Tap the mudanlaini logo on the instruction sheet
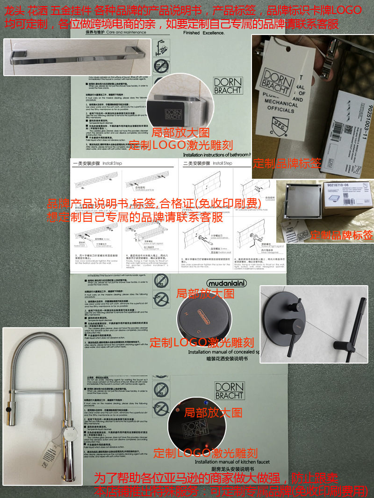click(226, 283)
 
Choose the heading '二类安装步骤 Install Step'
click(208, 163)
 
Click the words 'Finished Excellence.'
click(204, 34)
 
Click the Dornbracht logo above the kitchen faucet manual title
click(229, 391)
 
